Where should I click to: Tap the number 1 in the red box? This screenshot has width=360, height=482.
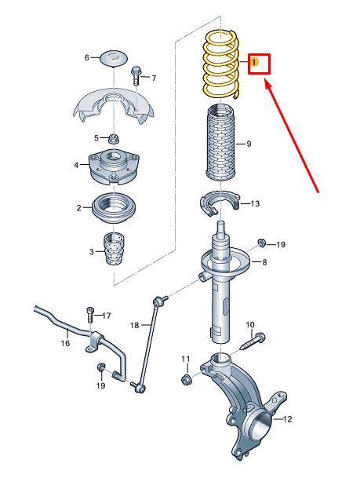[254, 62]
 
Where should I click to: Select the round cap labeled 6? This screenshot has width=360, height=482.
[114, 58]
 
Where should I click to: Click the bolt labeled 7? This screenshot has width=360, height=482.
[136, 75]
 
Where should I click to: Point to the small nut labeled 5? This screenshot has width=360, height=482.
[114, 139]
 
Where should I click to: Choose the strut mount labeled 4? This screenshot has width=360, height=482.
[114, 166]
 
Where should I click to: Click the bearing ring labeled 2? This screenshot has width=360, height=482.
[114, 208]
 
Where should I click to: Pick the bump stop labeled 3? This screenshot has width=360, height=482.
[114, 249]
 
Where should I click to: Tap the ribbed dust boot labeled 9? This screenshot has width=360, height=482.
[220, 143]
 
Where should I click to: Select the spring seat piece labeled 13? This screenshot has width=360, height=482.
[220, 203]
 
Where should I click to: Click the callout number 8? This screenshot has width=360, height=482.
[264, 262]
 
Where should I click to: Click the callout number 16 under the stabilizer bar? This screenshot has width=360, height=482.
[65, 343]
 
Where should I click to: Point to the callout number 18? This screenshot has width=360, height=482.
[135, 325]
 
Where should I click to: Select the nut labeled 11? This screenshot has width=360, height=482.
[187, 379]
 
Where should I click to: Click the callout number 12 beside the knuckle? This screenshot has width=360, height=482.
[287, 418]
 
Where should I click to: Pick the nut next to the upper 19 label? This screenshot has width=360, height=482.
[262, 243]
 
